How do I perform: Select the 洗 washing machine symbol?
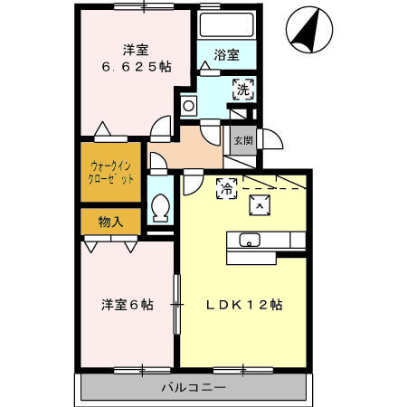242,89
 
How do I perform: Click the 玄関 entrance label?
243,141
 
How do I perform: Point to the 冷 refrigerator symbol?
227,187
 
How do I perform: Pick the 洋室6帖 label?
126,305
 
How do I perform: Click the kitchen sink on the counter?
249,240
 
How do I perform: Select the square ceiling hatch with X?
260,205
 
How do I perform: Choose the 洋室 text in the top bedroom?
136,48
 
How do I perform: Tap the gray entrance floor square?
242,141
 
